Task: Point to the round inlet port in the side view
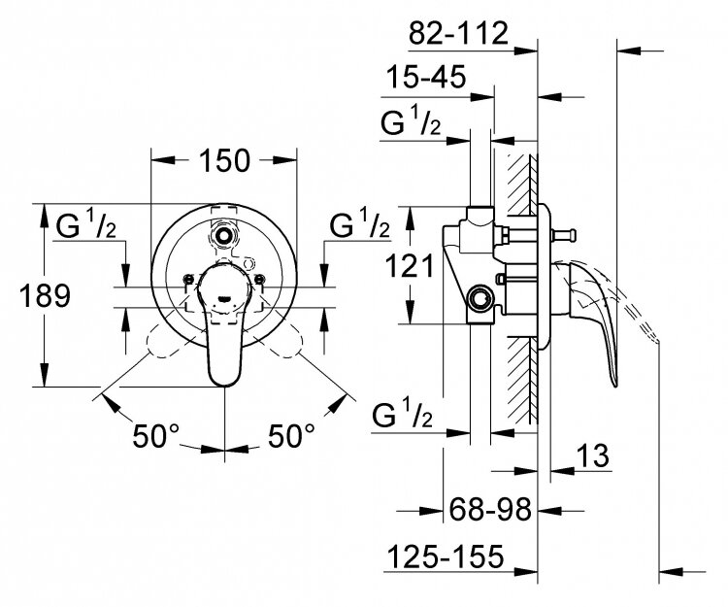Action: click(x=478, y=295)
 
